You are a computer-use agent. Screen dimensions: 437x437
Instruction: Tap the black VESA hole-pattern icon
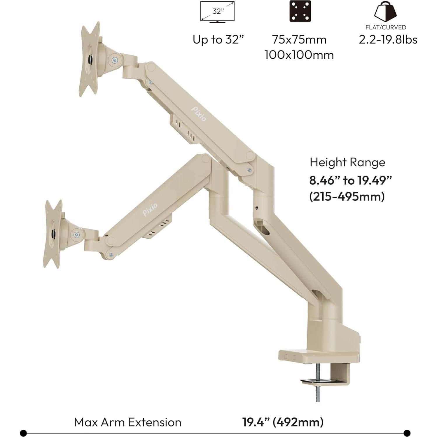point(300,11)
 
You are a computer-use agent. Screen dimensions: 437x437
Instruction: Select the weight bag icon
point(385,12)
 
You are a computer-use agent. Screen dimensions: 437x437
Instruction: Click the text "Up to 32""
point(218,40)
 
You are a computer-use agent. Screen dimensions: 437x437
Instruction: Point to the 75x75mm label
point(299,40)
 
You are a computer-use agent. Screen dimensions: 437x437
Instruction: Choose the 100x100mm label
point(299,55)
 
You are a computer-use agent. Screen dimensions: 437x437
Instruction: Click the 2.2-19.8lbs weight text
point(388,40)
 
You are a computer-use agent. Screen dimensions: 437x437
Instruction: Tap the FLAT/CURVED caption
point(386,27)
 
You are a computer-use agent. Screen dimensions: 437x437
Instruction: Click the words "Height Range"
point(347,162)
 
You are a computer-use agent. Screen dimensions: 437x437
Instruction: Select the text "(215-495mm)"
point(347,196)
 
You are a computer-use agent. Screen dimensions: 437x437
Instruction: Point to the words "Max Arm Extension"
point(127,422)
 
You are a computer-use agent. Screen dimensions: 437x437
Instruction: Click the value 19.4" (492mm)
point(283,422)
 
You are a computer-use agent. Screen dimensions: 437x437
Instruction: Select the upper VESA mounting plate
point(90,59)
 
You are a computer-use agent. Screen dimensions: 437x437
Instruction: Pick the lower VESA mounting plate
point(53,234)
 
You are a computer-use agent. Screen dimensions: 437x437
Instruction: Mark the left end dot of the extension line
point(24,433)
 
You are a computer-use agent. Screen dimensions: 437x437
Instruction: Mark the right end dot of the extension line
point(407,433)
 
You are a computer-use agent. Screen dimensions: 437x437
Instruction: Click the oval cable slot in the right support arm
point(262,226)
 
